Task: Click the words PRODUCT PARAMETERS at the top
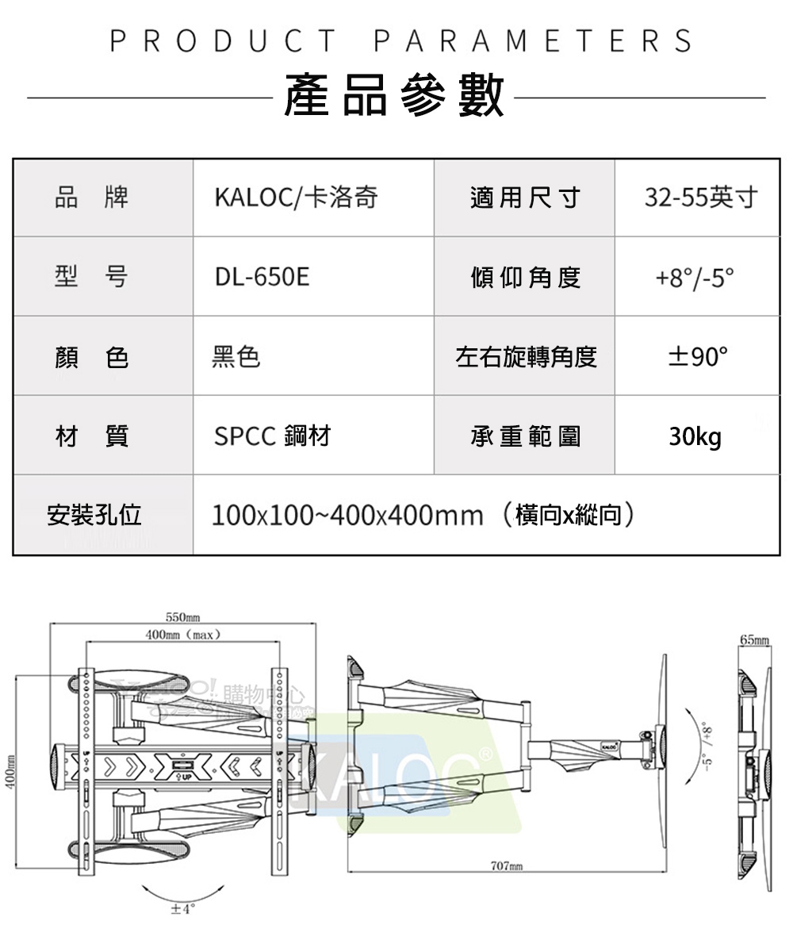pos(400,40)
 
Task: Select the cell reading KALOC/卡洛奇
pos(296,198)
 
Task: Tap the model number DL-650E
pos(262,278)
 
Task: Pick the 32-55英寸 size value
pos(700,198)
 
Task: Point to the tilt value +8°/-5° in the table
pos(695,278)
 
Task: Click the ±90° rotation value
pos(696,357)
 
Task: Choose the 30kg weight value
pos(695,436)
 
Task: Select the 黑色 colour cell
pos(236,357)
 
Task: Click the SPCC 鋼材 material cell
pos(272,436)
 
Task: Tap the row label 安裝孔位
pos(94,516)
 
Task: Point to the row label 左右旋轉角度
pos(525,357)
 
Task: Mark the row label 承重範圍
pos(525,436)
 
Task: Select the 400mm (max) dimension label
pos(182,635)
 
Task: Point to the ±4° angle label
pos(182,909)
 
